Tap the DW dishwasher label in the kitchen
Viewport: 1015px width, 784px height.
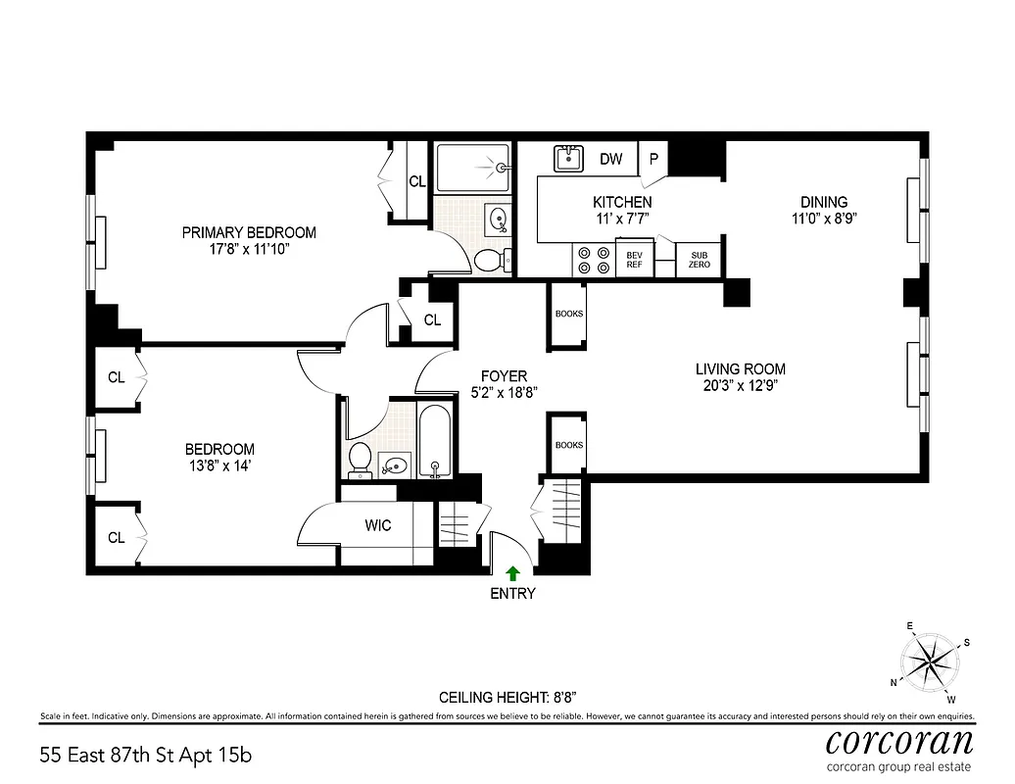click(610, 159)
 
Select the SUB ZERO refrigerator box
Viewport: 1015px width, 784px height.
click(699, 259)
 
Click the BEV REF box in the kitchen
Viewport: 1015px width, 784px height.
click(634, 259)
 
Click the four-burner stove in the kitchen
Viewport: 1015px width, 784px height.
click(591, 259)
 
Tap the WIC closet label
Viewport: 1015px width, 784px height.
click(378, 526)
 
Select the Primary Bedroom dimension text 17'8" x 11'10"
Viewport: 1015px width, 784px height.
click(249, 250)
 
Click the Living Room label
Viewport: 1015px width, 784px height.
click(740, 369)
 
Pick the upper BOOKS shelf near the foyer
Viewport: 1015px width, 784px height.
click(569, 316)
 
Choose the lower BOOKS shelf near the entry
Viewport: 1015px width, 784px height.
click(569, 446)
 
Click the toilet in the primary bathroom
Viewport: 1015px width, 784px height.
click(489, 259)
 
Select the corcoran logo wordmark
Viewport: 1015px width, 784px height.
click(898, 741)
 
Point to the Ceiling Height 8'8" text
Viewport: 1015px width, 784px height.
click(507, 697)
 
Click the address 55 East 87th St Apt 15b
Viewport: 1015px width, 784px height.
click(147, 756)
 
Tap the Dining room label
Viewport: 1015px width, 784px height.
click(823, 203)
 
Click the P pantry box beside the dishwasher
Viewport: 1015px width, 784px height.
click(652, 158)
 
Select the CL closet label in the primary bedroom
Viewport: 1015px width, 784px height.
click(417, 181)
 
